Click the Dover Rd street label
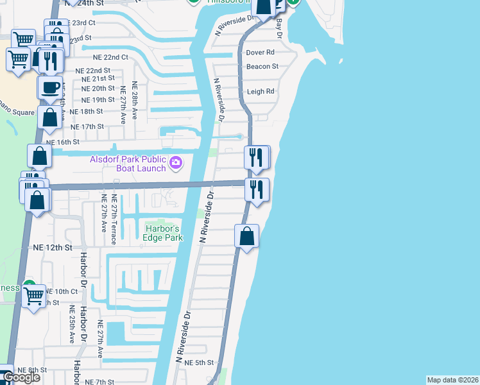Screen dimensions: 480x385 point(261,52)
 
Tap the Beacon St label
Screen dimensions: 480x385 point(262,66)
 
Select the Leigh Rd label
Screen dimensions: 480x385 point(261,92)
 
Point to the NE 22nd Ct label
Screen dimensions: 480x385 point(107,56)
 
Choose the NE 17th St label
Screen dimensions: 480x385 point(88,126)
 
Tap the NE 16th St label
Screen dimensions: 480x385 point(62,142)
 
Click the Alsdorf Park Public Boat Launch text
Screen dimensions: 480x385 point(127,164)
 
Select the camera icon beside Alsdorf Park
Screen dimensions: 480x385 point(175,164)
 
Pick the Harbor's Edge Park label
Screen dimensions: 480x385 point(164,233)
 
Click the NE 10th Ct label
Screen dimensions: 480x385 point(62,291)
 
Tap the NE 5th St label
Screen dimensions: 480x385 point(199,363)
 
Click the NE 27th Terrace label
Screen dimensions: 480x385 point(114,219)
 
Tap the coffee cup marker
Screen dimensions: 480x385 point(50,87)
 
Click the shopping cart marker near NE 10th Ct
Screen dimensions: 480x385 point(33,296)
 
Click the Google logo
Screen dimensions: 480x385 point(21,378)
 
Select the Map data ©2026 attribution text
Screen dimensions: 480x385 point(452,380)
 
